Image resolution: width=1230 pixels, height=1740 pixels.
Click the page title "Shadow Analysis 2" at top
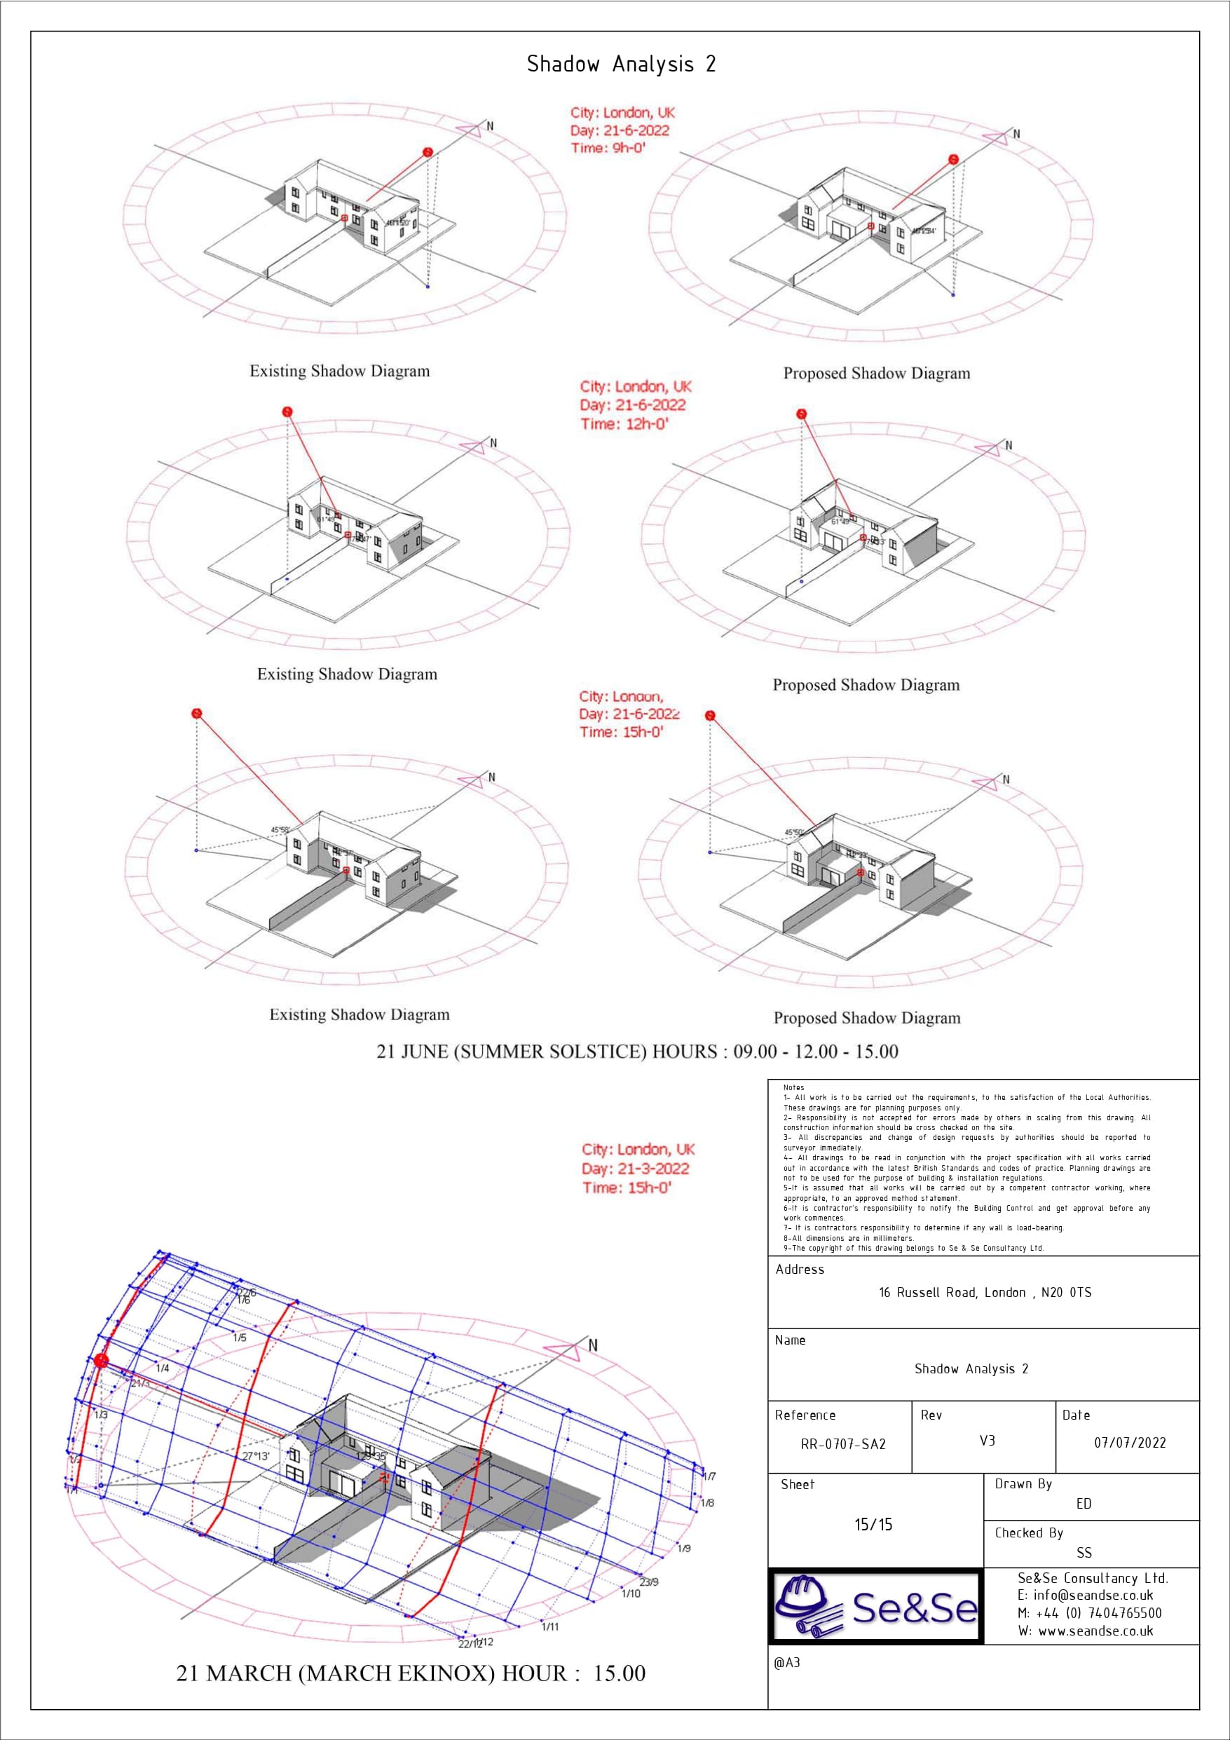621,64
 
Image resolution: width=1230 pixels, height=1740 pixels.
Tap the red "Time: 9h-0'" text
608,149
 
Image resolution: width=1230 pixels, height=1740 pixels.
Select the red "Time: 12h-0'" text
624,424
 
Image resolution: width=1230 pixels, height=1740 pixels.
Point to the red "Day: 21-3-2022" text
635,1169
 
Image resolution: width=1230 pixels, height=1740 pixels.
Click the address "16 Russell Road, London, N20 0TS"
985,1293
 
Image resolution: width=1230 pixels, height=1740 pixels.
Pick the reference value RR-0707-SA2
842,1444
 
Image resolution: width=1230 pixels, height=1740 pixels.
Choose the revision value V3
987,1441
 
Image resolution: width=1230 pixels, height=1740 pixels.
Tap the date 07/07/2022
1129,1443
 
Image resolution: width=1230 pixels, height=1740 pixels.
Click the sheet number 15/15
873,1525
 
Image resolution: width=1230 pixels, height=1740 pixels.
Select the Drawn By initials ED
1084,1504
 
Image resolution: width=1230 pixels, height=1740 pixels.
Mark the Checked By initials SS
1084,1553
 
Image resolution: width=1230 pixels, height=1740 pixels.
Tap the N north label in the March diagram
593,1345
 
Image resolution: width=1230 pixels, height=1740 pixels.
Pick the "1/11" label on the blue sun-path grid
550,1627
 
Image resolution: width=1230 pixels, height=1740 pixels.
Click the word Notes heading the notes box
793,1087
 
